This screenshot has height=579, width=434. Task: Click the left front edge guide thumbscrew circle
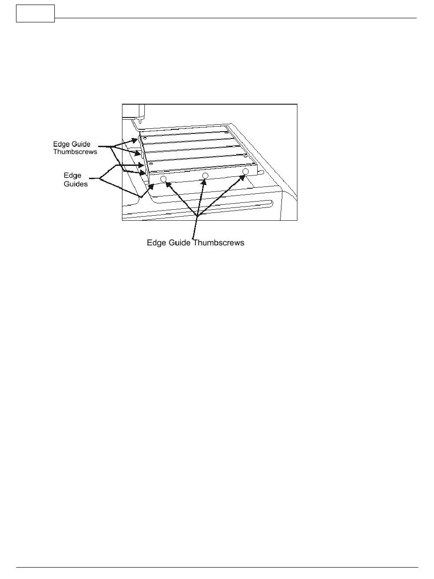tap(163, 180)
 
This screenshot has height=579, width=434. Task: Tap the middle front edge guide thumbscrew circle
tap(205, 176)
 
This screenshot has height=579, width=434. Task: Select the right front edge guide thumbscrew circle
tap(245, 171)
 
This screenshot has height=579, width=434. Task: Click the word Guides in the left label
tap(75, 184)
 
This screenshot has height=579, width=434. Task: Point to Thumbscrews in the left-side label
tap(75, 152)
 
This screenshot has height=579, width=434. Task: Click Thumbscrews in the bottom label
tap(218, 243)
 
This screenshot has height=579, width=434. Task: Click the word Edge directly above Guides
tap(72, 176)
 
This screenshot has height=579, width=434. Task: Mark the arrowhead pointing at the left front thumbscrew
tap(168, 184)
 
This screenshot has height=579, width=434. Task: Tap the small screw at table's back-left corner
tap(144, 138)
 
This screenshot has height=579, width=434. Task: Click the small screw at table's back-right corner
tap(227, 133)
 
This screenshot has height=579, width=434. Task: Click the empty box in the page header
tap(35, 13)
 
